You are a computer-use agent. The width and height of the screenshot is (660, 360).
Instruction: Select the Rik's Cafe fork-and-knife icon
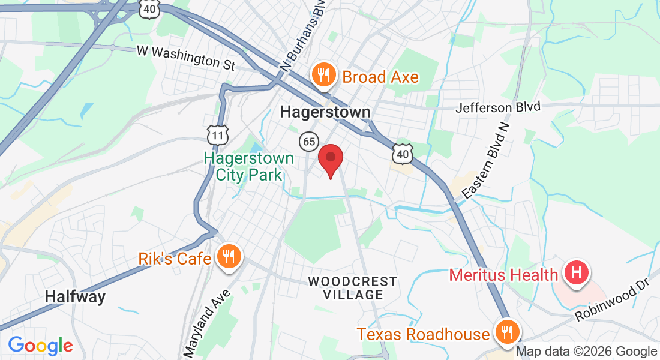click(229, 257)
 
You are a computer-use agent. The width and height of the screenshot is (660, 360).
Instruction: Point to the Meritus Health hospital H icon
click(577, 273)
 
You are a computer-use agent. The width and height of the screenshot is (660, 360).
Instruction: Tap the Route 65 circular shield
click(309, 142)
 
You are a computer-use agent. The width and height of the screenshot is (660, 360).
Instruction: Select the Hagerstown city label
click(325, 112)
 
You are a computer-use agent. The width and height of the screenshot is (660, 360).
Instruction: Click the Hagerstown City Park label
click(249, 167)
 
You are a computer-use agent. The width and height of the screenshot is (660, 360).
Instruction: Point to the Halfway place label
click(75, 296)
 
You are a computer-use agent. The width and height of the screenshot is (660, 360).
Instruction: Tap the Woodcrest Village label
click(353, 288)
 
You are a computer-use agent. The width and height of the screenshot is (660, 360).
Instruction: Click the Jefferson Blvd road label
click(498, 107)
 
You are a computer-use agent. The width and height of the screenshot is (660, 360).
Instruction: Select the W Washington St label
click(186, 58)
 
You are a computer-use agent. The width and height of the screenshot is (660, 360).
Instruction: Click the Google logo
click(40, 345)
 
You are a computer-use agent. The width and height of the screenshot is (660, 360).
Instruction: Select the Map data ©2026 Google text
click(586, 352)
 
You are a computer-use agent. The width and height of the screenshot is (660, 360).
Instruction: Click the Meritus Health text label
click(504, 275)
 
